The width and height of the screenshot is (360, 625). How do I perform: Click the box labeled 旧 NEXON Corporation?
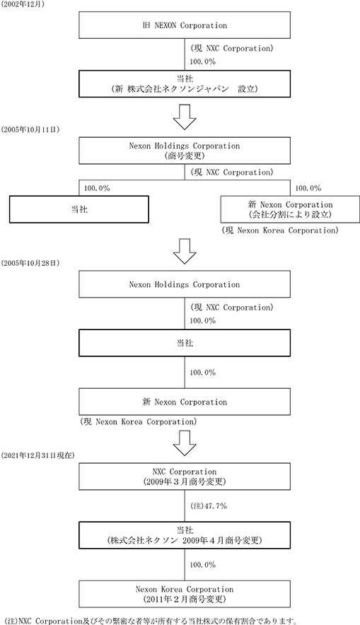point(184,25)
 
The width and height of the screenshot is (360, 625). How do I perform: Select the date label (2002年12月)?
point(23,5)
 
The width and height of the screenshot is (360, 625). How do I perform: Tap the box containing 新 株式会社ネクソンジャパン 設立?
point(184,83)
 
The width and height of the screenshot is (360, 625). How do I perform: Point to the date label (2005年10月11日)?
point(30,130)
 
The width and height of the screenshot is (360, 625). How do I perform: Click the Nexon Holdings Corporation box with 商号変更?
point(184,151)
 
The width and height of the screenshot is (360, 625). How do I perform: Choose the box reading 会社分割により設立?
point(290,209)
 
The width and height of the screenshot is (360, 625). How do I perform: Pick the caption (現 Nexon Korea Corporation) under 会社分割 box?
point(281,230)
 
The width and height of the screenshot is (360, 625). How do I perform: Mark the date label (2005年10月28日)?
point(30,264)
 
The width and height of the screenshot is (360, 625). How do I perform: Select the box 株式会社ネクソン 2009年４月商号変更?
point(184,535)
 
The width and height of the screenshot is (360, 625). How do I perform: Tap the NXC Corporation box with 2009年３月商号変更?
point(184,477)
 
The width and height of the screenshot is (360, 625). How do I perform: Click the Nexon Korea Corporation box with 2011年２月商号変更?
point(184,594)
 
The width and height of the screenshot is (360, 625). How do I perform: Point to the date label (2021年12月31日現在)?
point(38,455)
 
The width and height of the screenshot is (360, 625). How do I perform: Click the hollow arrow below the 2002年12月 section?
point(185,117)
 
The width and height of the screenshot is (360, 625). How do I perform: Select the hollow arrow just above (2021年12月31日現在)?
point(185,443)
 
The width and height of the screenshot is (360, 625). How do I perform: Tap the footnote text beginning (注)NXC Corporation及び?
point(149,621)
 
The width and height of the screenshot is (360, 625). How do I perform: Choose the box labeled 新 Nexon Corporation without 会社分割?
point(184,402)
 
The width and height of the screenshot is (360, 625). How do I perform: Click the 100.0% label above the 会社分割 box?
point(308,188)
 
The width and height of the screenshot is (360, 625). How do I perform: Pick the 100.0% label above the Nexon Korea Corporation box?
point(202,565)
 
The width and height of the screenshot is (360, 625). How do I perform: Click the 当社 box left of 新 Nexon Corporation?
point(79,209)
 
